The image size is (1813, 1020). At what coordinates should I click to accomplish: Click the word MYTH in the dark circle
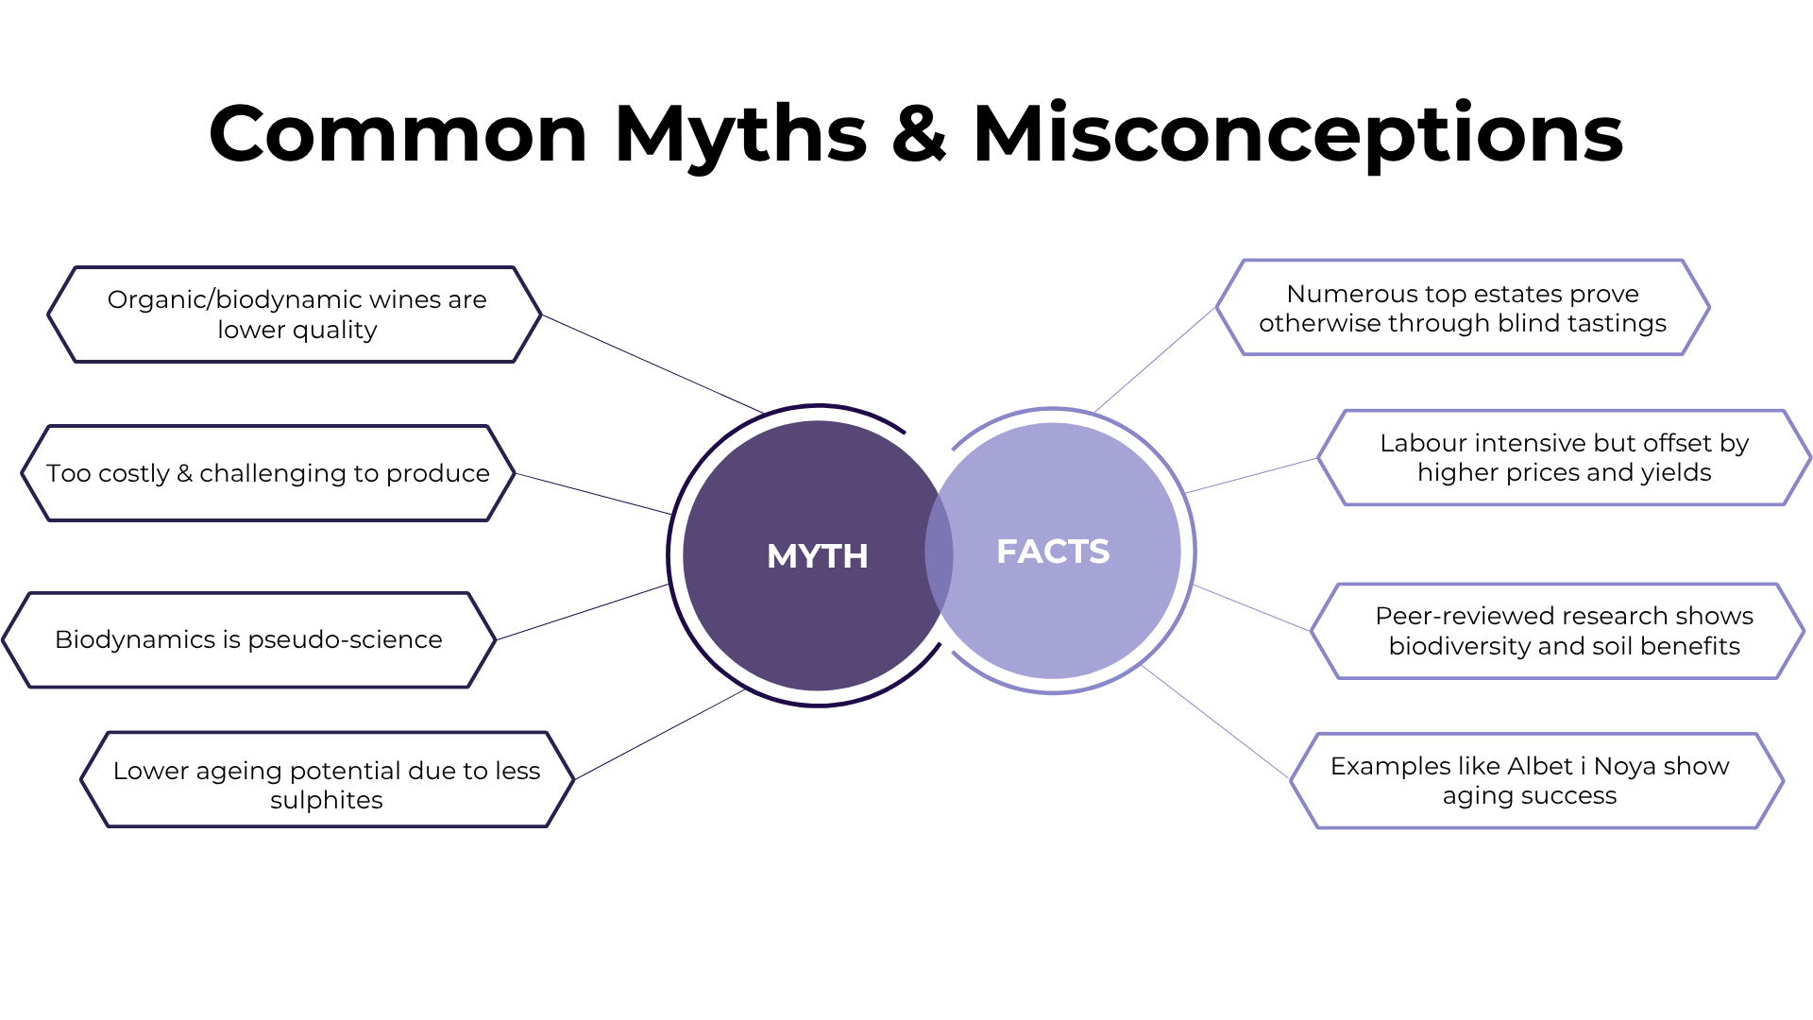point(817,556)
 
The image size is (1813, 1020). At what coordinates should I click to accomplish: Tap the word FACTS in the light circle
point(1053,552)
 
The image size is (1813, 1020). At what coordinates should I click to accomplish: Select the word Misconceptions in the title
point(1297,135)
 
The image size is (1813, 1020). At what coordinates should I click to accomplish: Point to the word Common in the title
point(398,134)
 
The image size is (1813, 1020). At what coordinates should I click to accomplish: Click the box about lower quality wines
point(295,314)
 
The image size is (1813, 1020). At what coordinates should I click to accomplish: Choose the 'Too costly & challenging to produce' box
point(268,473)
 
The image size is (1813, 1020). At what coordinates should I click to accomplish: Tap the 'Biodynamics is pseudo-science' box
point(249,640)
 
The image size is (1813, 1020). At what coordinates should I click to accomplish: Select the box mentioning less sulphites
point(328,779)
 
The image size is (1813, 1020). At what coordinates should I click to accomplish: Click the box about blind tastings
point(1463,308)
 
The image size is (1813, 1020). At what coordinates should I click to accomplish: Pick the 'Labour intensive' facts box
point(1565,458)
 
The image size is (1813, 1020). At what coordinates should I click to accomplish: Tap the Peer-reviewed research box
point(1558,631)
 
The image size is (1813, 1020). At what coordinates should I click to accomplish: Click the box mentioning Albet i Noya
point(1536,781)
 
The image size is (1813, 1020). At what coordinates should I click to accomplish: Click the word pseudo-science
point(345,640)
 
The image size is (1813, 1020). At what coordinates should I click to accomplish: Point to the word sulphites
point(327,801)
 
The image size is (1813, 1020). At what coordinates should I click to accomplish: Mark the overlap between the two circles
point(939,554)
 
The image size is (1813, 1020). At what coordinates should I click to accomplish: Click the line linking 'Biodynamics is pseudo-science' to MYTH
point(583,613)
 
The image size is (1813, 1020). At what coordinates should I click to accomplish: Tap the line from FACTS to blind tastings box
point(1155,360)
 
